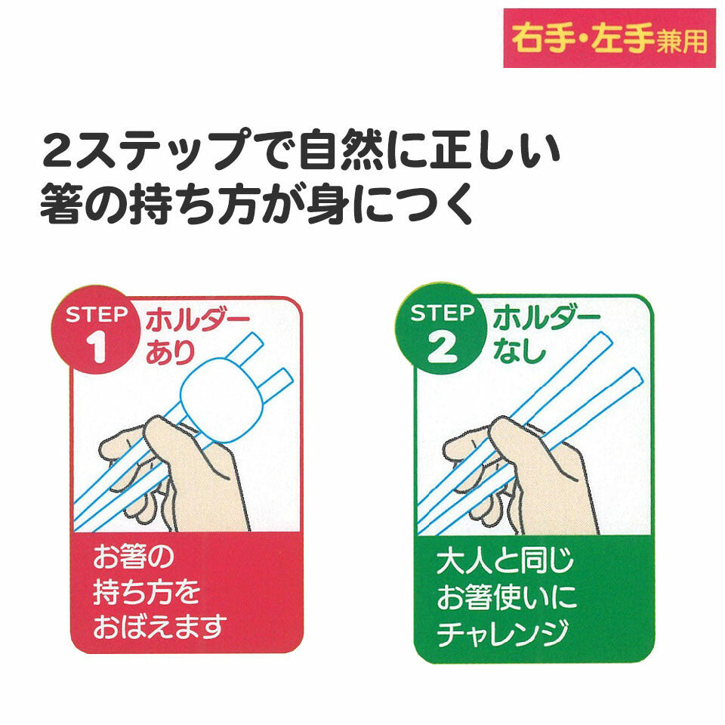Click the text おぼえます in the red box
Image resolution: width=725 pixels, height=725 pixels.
coord(159,626)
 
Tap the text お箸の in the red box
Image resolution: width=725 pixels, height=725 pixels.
coord(133,559)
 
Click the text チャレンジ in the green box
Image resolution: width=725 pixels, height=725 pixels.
coord(501,633)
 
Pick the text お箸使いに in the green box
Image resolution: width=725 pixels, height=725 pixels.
coord(506,598)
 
